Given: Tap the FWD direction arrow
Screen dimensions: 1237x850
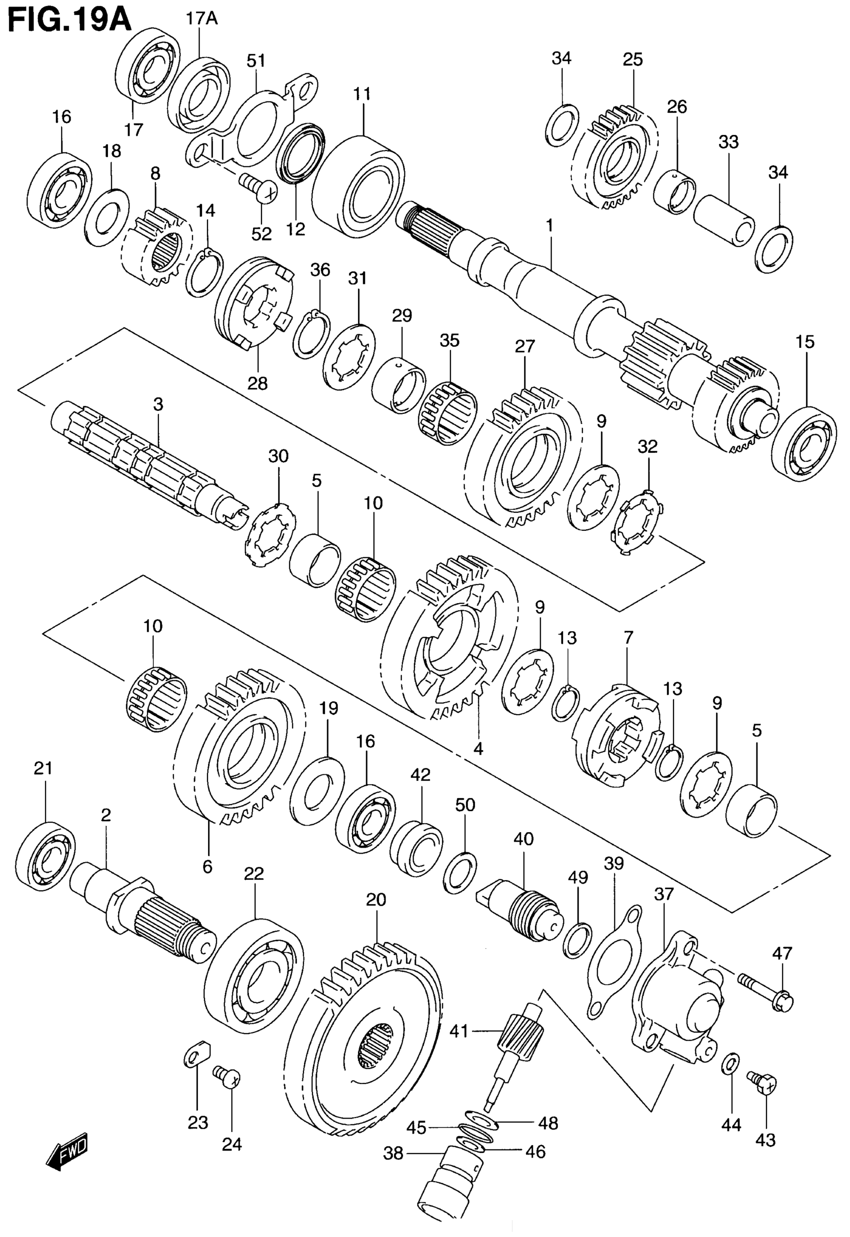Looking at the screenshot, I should point(67,1156).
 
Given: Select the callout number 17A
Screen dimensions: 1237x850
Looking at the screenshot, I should point(201,19).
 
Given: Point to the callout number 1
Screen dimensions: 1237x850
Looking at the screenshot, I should point(549,226).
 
